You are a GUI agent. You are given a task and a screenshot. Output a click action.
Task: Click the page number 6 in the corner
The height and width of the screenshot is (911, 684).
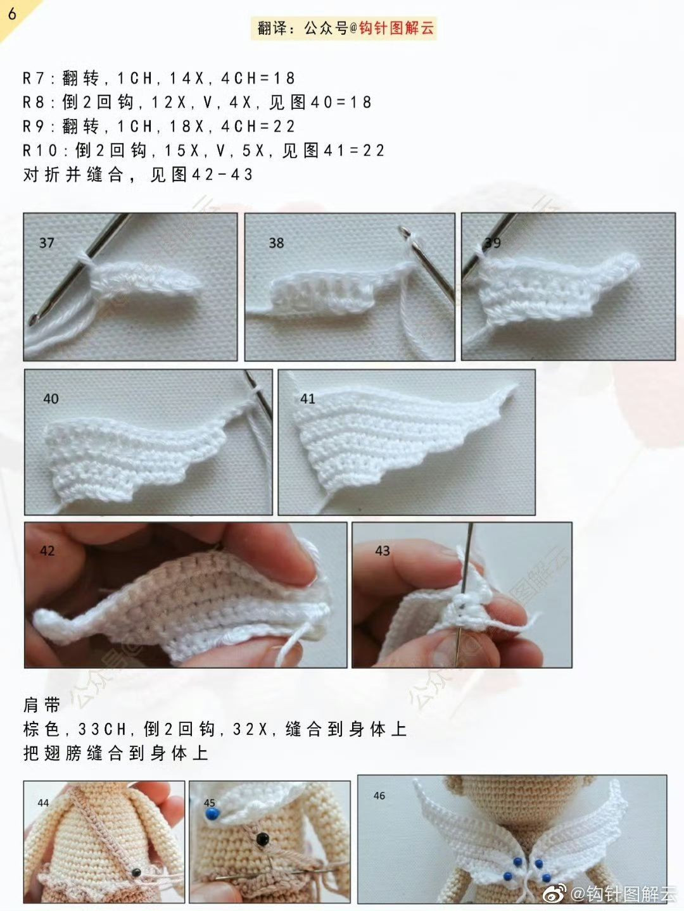coord(12,13)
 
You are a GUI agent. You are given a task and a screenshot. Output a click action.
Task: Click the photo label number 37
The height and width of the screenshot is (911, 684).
coord(47,243)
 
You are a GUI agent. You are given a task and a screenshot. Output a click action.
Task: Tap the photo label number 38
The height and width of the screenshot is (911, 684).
coord(276,243)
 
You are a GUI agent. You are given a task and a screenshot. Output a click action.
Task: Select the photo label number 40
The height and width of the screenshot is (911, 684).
coord(51,399)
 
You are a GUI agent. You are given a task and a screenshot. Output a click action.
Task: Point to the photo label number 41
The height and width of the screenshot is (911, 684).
coord(308,399)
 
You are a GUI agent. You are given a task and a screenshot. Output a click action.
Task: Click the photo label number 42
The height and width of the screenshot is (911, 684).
coord(47,551)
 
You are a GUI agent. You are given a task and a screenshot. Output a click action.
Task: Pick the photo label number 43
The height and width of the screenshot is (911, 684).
coord(383,551)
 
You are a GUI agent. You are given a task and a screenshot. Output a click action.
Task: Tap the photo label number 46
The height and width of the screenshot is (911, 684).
coord(379,796)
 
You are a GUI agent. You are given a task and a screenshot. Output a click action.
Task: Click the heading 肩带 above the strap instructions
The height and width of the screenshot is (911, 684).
coord(42,705)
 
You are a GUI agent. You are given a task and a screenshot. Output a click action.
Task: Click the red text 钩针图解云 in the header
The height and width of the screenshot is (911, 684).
coord(396,28)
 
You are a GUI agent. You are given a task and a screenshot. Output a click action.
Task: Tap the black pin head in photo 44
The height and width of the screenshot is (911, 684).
coord(136,872)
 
